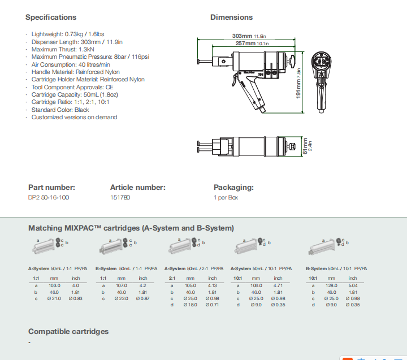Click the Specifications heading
pos(51,17)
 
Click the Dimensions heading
pos(231,17)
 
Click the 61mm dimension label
pos(305,147)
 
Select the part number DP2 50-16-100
pos(49,198)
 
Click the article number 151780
pos(120,198)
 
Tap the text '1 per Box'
pos(226,198)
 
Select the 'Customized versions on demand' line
pos(74,117)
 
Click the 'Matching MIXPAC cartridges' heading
pos(131,228)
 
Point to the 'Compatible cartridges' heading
pos(68,331)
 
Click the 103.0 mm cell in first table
pos(54,285)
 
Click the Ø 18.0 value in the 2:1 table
pos(190,304)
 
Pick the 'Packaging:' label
pos(233,187)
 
